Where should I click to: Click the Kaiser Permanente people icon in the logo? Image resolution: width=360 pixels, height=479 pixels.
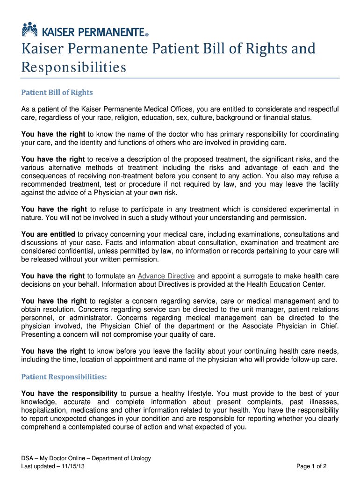(x=29, y=29)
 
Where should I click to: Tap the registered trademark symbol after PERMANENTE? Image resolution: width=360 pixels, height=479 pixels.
(x=147, y=34)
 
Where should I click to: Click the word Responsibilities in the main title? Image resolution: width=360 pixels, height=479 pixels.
(x=74, y=68)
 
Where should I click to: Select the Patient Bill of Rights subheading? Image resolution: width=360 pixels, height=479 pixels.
(x=57, y=93)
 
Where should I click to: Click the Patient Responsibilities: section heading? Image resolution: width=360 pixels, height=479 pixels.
(x=65, y=377)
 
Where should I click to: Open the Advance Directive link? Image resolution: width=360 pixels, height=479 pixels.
(x=166, y=276)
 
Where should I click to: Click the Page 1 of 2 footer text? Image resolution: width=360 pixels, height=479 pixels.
(x=311, y=467)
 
